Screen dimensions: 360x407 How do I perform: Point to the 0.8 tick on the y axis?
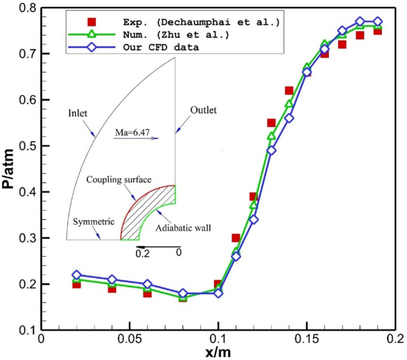coord(29,8)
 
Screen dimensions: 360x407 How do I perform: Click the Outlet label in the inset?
coord(204,110)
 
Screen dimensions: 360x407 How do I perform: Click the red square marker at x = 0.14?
coord(289,91)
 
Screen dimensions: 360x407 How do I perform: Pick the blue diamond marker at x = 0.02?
coord(76,275)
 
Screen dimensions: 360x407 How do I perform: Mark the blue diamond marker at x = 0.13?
coord(272,150)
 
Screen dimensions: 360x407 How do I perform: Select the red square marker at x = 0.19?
coord(377,31)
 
